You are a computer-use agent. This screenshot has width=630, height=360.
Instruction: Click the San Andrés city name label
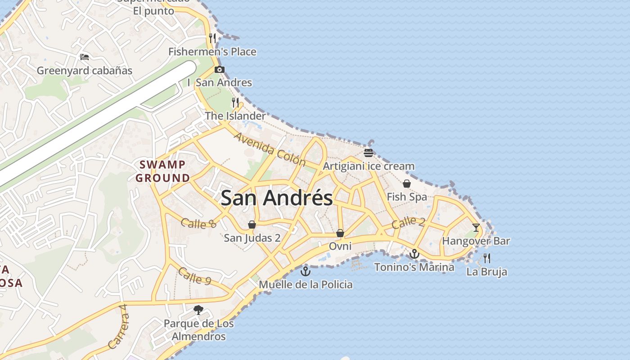pyautogui.click(x=277, y=198)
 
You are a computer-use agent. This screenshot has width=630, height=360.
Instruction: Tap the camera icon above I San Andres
pyautogui.click(x=220, y=69)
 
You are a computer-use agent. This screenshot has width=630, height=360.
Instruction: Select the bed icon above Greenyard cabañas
pyautogui.click(x=85, y=57)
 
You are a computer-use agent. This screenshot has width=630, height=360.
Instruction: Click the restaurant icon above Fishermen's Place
pyautogui.click(x=212, y=38)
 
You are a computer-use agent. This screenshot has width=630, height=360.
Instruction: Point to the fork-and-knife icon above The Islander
pyautogui.click(x=235, y=103)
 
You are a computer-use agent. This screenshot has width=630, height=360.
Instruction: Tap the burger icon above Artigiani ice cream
pyautogui.click(x=369, y=153)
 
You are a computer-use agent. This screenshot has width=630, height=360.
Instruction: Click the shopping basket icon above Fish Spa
pyautogui.click(x=407, y=184)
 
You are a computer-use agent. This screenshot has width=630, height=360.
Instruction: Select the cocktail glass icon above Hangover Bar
pyautogui.click(x=476, y=227)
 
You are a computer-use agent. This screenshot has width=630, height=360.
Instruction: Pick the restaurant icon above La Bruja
pyautogui.click(x=486, y=258)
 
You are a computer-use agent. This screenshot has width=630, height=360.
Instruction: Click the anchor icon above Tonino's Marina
pyautogui.click(x=414, y=254)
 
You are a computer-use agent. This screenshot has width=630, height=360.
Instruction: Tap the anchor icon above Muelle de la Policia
pyautogui.click(x=306, y=271)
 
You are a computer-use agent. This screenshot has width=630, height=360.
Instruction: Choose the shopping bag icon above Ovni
pyautogui.click(x=340, y=233)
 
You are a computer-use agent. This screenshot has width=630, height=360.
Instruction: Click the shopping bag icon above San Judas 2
pyautogui.click(x=252, y=225)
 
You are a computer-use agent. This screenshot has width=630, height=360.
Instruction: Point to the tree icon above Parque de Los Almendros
pyautogui.click(x=198, y=310)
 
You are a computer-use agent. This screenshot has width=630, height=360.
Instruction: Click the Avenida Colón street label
pyautogui.click(x=270, y=149)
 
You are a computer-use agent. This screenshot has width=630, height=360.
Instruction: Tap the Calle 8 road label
pyautogui.click(x=199, y=223)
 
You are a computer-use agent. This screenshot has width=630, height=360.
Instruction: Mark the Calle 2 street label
pyautogui.click(x=408, y=222)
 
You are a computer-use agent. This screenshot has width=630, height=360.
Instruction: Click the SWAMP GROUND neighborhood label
pyautogui.click(x=163, y=171)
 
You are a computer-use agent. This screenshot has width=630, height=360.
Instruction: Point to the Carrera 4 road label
pyautogui.click(x=118, y=327)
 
